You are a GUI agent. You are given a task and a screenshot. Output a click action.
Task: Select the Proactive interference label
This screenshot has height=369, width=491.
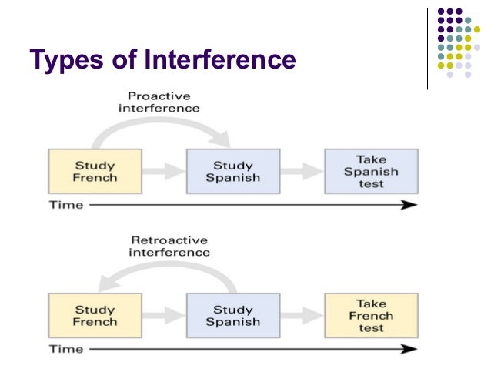coord(159,101)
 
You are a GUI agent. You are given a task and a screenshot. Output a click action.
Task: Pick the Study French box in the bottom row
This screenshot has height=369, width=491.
coord(94,315)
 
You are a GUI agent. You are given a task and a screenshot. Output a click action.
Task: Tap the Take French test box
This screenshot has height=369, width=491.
coord(371,315)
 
